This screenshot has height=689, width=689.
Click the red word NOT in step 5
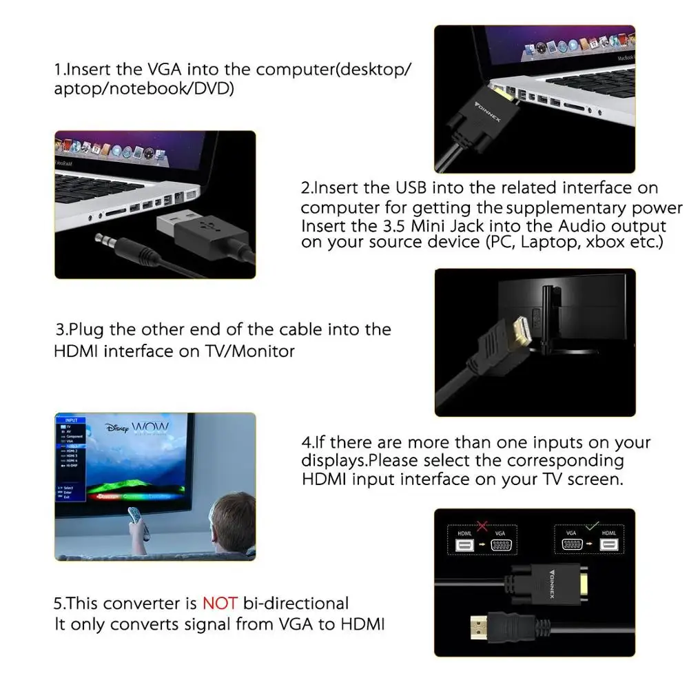click(219, 604)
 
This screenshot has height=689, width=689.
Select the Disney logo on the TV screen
click(116, 428)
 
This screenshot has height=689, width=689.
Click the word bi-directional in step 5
click(295, 604)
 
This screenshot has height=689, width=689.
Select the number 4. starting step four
click(308, 442)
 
